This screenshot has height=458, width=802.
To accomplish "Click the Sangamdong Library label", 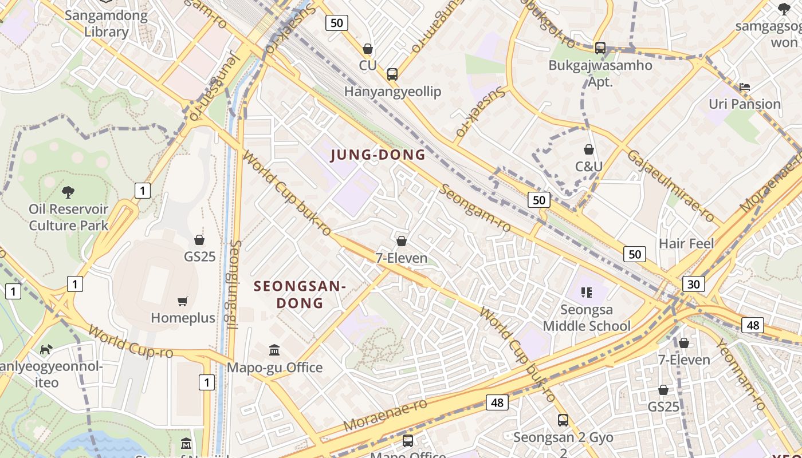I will [106, 23].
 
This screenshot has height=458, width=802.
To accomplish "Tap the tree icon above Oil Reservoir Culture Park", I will [68, 192].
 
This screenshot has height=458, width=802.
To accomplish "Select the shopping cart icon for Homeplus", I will [183, 301].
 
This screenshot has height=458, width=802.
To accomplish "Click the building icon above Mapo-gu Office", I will [274, 350].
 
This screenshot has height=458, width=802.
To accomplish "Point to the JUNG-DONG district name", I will [378, 155].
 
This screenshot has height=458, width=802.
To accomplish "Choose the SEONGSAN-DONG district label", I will [300, 294].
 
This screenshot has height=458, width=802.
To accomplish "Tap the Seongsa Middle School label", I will [587, 318].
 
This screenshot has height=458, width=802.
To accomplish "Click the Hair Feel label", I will [686, 243].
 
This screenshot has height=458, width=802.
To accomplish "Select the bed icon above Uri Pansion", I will [745, 87].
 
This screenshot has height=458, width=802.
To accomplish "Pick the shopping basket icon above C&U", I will [588, 150].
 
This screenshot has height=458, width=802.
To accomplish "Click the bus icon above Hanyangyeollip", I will [392, 74].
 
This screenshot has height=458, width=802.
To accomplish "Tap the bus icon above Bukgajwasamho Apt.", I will [600, 48].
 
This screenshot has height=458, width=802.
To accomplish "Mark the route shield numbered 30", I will [693, 283].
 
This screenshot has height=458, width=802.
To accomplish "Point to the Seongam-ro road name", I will [475, 208].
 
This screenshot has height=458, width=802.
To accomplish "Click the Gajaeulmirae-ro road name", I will [670, 186].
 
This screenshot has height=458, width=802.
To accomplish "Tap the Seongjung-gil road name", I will [233, 285].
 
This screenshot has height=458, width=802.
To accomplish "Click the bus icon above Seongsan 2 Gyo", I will [563, 420].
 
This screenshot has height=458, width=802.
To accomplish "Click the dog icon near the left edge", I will [46, 349].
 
